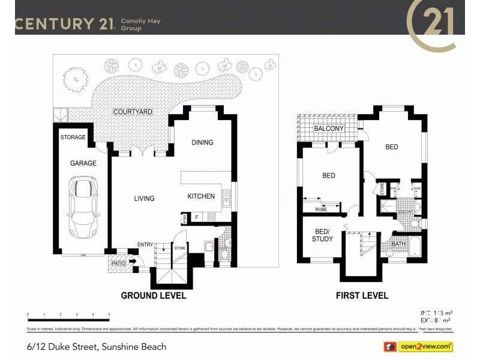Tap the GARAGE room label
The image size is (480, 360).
click(x=83, y=163)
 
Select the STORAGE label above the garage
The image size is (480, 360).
click(x=73, y=137)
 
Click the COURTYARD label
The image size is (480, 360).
click(x=133, y=112)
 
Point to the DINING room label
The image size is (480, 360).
click(x=202, y=142)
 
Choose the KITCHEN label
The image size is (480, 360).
click(x=201, y=196)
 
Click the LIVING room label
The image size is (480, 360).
click(x=144, y=199)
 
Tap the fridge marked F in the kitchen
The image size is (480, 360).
click(x=196, y=217)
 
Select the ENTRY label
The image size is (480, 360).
click(x=145, y=244)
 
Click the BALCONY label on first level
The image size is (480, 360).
click(x=329, y=128)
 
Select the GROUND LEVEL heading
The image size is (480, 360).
click(x=154, y=295)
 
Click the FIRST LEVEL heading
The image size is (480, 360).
click(x=362, y=295)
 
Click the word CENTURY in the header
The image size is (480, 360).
click(x=52, y=24)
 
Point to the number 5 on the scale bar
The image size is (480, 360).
click(x=109, y=314)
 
